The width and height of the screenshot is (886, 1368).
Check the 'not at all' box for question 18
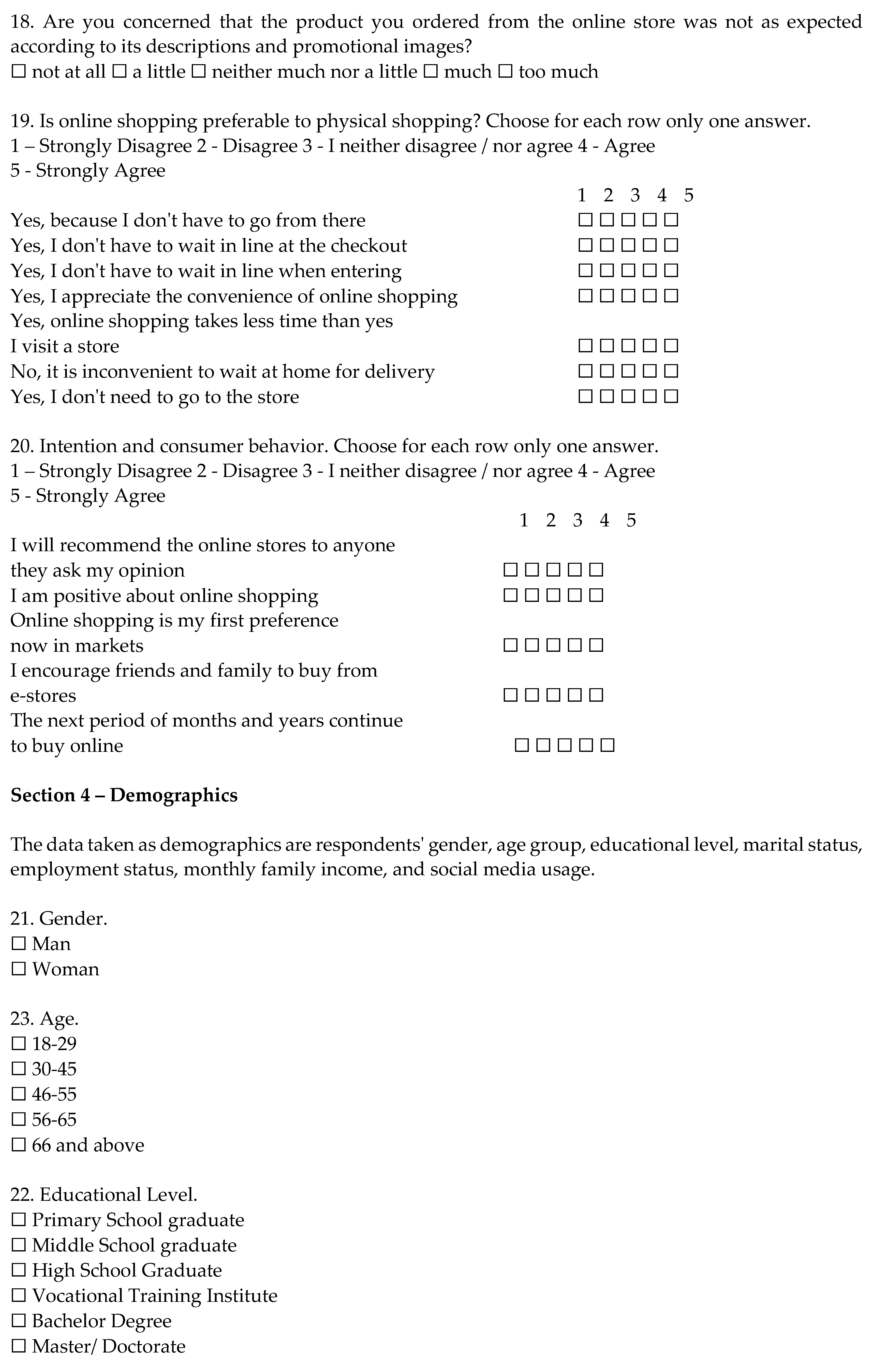click(x=18, y=72)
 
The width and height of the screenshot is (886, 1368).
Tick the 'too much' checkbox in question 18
click(x=505, y=72)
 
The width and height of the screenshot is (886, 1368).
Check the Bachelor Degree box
click(x=18, y=1321)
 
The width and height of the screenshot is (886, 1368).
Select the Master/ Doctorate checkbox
click(x=18, y=1346)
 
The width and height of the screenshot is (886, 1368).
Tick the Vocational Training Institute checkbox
click(x=18, y=1295)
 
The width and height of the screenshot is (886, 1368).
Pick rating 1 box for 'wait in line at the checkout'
click(x=585, y=245)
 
